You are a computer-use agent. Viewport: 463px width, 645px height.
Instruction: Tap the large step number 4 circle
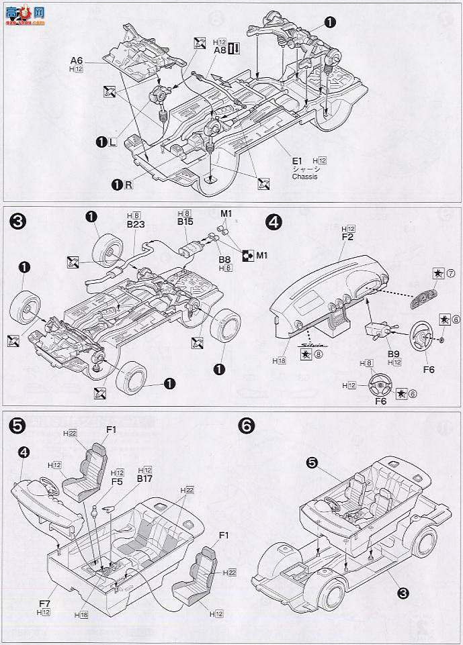click(273, 221)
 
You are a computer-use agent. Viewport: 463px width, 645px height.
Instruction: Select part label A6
click(76, 60)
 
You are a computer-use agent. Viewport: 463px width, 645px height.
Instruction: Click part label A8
click(220, 48)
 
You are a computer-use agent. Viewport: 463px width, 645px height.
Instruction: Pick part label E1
click(298, 160)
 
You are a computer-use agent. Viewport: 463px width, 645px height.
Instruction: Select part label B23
click(135, 226)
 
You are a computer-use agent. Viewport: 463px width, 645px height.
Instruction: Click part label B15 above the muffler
click(185, 220)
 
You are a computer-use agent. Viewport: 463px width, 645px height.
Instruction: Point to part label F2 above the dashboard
click(347, 237)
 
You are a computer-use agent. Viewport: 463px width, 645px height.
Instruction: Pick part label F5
click(116, 482)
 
